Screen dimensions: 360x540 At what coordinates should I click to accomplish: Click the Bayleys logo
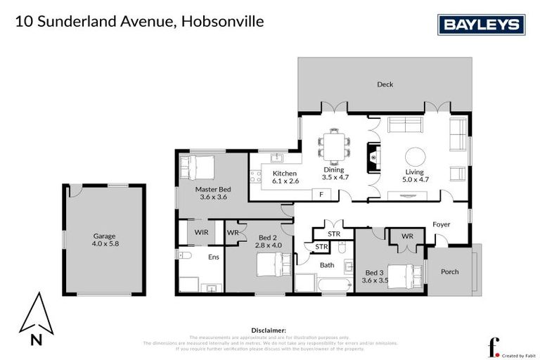(482, 25)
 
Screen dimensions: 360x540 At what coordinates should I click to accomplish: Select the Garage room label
(104, 236)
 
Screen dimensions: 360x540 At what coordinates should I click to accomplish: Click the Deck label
(385, 84)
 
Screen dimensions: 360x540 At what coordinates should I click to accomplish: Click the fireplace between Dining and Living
(372, 158)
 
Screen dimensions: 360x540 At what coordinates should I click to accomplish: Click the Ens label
(213, 257)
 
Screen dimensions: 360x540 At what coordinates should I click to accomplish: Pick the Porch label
(450, 272)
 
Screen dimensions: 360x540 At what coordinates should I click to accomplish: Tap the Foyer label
(441, 224)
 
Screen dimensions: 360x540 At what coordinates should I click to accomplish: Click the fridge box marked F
(321, 193)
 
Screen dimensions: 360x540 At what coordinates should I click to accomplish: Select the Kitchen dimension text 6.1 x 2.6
(285, 181)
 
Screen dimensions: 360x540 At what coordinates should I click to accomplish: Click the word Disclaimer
(269, 329)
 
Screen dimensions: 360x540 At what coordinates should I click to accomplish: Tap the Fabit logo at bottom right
(494, 347)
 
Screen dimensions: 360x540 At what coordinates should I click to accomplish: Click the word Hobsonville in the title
(222, 22)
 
